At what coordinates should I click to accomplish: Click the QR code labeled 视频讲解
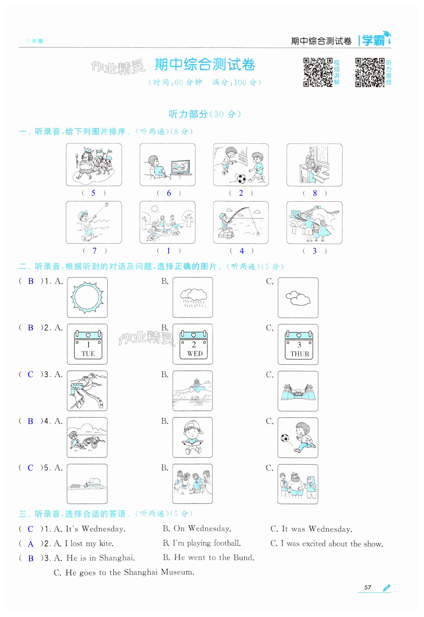(318, 72)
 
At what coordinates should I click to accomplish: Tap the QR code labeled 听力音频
(370, 72)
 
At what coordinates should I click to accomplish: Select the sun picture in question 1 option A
(87, 297)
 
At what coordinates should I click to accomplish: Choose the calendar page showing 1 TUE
(88, 345)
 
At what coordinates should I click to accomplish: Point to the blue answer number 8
(315, 193)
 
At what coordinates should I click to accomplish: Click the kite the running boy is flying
(106, 204)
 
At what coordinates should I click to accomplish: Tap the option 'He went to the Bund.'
(214, 557)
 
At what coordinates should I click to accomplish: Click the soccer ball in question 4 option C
(285, 438)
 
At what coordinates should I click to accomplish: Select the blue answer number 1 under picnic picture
(168, 251)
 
